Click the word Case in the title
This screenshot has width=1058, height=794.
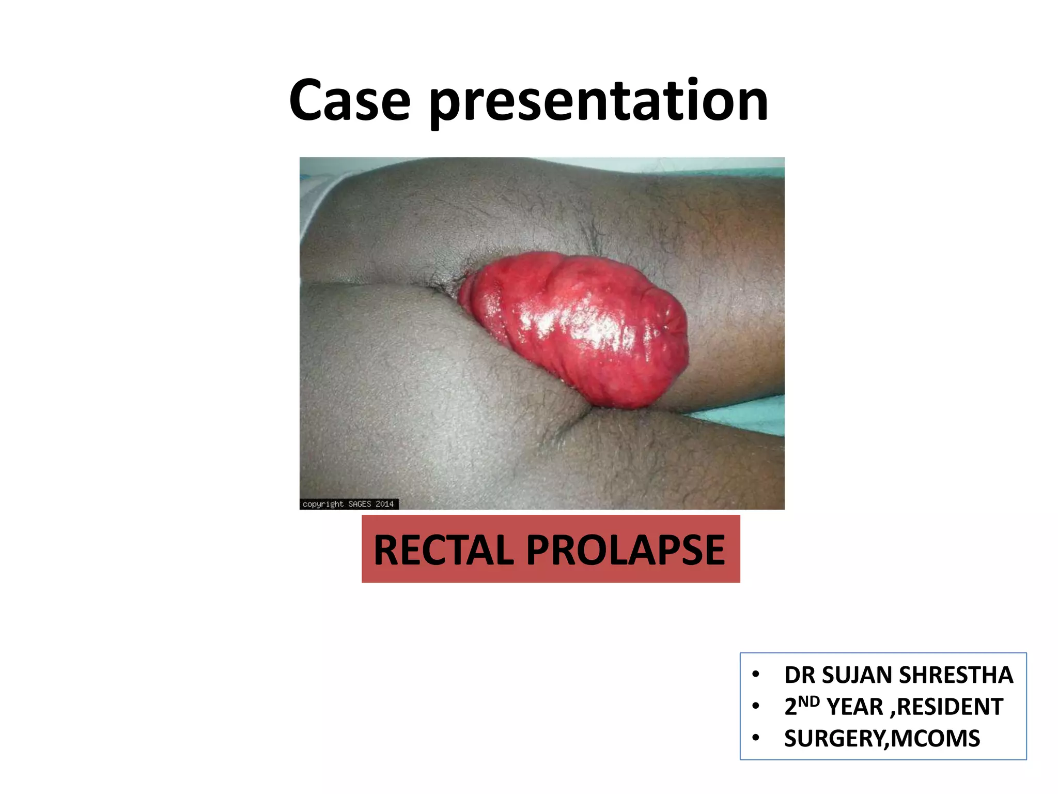point(350,101)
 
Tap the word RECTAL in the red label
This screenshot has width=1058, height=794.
point(444,550)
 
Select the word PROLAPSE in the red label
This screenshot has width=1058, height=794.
point(626,550)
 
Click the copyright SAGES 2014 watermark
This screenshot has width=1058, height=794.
point(348,504)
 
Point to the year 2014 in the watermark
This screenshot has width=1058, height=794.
point(384,504)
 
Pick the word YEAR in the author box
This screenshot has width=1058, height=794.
point(854,707)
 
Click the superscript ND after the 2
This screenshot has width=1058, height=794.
point(809,701)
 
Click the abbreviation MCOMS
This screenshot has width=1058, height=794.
point(935,739)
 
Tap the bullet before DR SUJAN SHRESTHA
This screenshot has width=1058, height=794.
point(756,675)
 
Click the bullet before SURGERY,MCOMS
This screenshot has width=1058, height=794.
point(756,738)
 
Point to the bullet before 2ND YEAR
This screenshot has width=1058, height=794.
point(756,706)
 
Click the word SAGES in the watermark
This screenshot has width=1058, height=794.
point(360,504)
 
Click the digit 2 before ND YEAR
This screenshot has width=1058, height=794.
point(790,707)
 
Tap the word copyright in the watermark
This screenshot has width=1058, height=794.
point(323,504)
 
